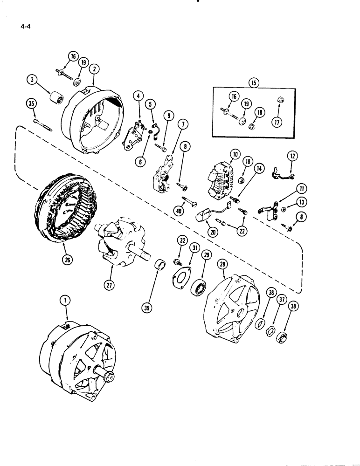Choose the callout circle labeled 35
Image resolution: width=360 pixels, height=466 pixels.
click(32, 105)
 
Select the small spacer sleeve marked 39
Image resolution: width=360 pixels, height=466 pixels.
click(161, 270)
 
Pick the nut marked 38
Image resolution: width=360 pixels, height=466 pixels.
click(281, 338)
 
